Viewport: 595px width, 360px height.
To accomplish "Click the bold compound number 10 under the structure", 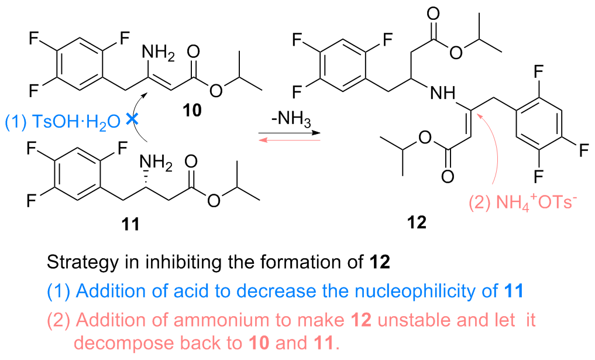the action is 192,110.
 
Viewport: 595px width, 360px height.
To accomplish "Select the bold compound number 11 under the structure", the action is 130,224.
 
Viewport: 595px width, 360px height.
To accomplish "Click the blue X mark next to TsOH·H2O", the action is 132,119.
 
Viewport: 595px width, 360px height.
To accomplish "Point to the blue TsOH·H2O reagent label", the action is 63,122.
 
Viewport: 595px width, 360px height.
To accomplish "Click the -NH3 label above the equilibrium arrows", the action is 291,119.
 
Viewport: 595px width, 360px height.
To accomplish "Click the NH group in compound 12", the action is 442,92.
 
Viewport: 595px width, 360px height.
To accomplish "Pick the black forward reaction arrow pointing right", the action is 289,133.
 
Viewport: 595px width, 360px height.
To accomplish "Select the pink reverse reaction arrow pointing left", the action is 289,140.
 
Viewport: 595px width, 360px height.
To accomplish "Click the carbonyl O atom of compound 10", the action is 193,52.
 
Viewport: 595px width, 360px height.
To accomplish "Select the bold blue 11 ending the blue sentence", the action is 514,292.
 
